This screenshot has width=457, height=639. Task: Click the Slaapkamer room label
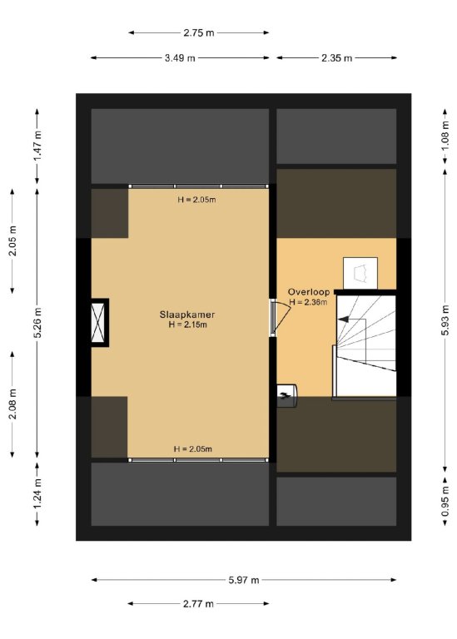tap(187, 315)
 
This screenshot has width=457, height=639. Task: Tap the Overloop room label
tap(309, 292)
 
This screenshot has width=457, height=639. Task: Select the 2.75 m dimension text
tap(199, 33)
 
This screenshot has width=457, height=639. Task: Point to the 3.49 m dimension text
tap(180, 58)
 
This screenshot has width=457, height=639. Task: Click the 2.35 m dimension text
tap(336, 58)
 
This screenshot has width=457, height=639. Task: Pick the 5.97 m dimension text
tap(243, 580)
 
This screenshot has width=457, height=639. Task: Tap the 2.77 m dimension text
tap(198, 603)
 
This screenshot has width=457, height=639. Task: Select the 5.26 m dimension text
tap(37, 323)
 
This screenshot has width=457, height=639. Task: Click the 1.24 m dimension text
tap(37, 493)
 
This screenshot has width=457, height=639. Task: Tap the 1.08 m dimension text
tap(445, 136)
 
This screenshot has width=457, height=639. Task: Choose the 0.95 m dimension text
tap(445, 501)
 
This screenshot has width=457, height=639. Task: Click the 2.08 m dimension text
tap(12, 404)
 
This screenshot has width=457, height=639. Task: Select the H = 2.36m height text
tap(308, 302)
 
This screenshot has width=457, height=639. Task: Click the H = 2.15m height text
tap(187, 324)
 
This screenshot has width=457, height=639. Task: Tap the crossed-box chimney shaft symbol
tap(98, 323)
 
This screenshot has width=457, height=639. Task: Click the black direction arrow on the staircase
tap(343, 319)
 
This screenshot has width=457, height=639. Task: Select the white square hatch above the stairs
tap(360, 273)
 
